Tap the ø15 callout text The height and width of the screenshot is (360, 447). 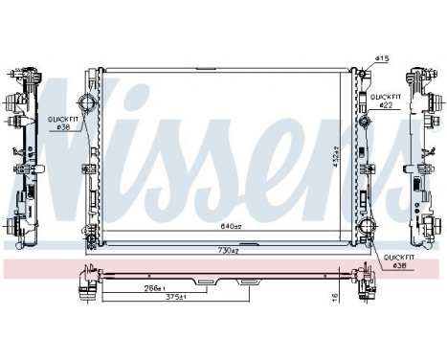click(x=383, y=59)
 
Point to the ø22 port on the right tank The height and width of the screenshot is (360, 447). click(x=366, y=123)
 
